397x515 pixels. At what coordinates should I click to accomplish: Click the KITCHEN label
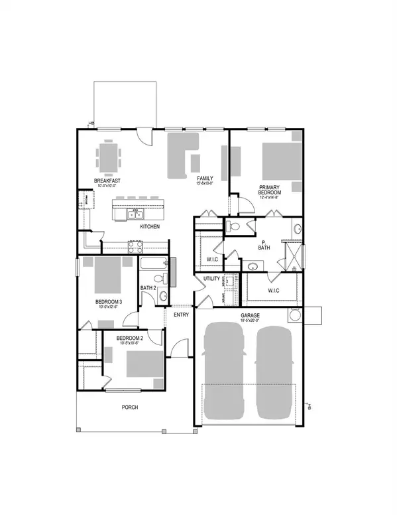pos(150,227)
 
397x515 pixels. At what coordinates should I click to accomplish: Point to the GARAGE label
pos(249,315)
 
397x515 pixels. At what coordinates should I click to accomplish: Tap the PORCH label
pos(130,407)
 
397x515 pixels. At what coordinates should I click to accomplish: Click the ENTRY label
pos(182,315)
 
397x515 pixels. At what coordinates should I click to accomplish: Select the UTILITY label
pos(211,279)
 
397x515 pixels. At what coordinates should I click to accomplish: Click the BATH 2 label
pos(148,287)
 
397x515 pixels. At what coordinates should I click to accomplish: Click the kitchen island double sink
pos(135,214)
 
